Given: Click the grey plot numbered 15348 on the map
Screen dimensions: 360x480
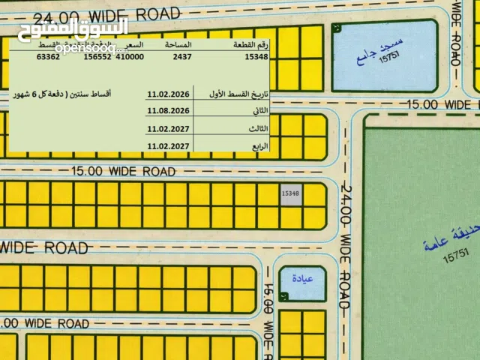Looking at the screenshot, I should (x=290, y=193).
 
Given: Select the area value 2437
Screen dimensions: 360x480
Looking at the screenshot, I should (x=182, y=56).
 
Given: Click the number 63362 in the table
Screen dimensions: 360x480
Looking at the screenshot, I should (x=49, y=56).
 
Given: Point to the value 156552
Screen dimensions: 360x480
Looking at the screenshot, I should (x=97, y=56).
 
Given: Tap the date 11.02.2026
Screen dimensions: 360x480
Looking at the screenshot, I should (x=169, y=94).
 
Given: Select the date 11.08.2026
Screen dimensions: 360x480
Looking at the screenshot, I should (x=169, y=111).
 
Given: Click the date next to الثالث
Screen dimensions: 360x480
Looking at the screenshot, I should (x=169, y=129).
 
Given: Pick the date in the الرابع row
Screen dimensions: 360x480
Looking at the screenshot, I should (x=169, y=146).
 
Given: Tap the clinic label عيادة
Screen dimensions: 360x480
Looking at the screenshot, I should (x=301, y=279).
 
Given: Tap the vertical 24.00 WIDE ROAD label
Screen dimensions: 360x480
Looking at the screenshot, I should (x=346, y=246).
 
